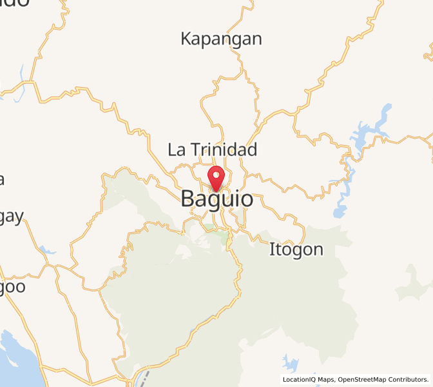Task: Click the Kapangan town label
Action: click(221, 39)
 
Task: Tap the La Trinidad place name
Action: click(213, 150)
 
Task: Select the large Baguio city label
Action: click(217, 199)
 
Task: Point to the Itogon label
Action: click(296, 249)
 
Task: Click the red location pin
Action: click(217, 176)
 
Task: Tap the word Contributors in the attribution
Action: click(407, 380)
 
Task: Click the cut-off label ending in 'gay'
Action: click(10, 218)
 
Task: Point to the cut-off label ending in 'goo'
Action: click(12, 286)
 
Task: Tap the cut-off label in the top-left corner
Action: click(13, 3)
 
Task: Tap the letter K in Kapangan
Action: click(186, 39)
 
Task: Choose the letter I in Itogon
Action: click(272, 249)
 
